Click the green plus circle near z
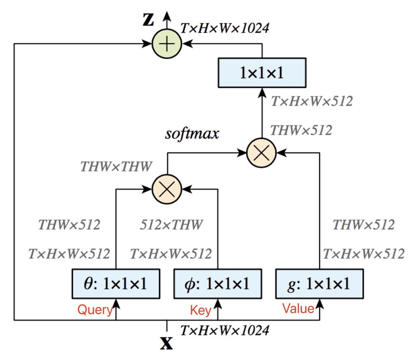click(167, 43)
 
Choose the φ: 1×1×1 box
click(217, 284)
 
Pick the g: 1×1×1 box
click(319, 284)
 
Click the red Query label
click(95, 310)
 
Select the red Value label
click(299, 308)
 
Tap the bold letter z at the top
click(147, 21)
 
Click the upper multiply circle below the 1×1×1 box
click(261, 153)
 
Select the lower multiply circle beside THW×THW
click(167, 190)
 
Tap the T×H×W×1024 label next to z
click(225, 28)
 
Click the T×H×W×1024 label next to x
click(225, 330)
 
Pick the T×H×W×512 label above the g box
click(363, 254)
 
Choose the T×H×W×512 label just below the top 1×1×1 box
click(312, 101)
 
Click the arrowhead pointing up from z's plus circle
click(167, 16)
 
